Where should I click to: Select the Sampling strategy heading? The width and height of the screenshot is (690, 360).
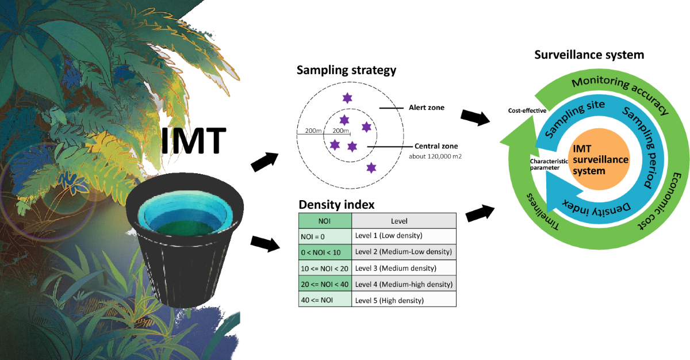point(346,71)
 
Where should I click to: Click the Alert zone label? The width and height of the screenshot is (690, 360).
point(426,108)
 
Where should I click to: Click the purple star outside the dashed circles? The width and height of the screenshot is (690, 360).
point(371,167)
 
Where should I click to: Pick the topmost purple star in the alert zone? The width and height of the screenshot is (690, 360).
point(347,98)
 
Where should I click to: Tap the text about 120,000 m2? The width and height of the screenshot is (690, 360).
point(435,156)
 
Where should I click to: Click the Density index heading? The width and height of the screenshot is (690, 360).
point(336,204)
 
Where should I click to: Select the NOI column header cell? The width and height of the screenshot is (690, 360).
point(325,220)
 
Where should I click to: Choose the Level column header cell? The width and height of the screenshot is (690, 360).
point(404,220)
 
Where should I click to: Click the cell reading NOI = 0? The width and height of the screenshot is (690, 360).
point(325,236)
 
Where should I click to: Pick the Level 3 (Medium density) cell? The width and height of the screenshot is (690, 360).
point(404,268)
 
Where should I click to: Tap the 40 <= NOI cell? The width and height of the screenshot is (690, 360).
point(325,300)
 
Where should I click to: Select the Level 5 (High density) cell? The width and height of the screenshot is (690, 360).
point(404,300)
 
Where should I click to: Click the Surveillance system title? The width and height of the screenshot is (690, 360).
point(589,55)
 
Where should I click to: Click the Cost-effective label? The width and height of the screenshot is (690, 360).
point(526,110)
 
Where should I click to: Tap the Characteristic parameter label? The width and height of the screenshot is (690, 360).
point(549,164)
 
